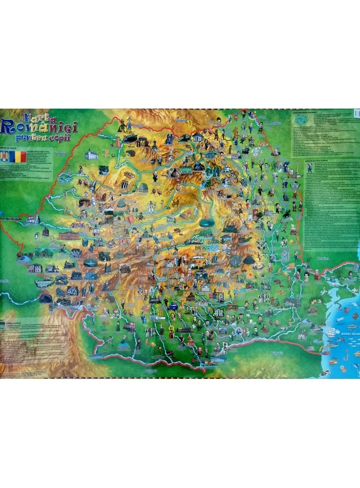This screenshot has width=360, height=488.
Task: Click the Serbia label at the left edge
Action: coord(4,280)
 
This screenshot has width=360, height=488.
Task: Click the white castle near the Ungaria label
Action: coord(91,155)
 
